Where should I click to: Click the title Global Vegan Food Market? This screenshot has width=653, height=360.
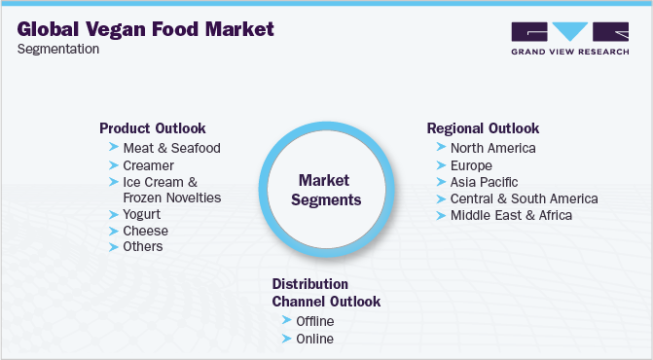(x=145, y=29)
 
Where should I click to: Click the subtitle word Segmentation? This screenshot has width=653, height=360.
(x=58, y=49)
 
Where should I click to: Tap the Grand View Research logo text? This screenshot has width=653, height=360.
(x=570, y=52)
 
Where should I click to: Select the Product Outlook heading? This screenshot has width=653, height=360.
(x=153, y=128)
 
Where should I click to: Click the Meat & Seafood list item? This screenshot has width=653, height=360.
(x=171, y=148)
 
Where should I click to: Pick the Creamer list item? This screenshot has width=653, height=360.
(x=148, y=165)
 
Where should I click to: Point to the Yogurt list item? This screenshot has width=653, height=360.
(x=141, y=214)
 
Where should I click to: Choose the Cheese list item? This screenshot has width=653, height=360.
(x=146, y=231)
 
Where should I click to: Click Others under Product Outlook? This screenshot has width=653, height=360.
(x=143, y=246)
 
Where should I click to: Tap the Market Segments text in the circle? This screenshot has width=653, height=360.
(x=326, y=190)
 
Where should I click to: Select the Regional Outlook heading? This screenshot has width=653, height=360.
(x=483, y=128)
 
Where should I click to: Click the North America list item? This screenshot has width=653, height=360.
(x=493, y=148)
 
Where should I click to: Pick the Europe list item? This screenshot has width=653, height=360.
(x=471, y=165)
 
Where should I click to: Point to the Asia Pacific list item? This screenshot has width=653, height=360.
(x=485, y=182)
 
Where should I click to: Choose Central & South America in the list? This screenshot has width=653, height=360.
(x=525, y=198)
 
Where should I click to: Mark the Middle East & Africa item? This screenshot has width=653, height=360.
(x=512, y=215)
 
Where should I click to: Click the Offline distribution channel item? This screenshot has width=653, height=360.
(x=315, y=321)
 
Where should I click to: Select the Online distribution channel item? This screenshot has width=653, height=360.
(x=315, y=339)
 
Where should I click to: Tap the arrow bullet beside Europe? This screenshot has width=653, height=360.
(x=441, y=165)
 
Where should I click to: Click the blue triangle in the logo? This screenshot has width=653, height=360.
(x=569, y=30)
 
